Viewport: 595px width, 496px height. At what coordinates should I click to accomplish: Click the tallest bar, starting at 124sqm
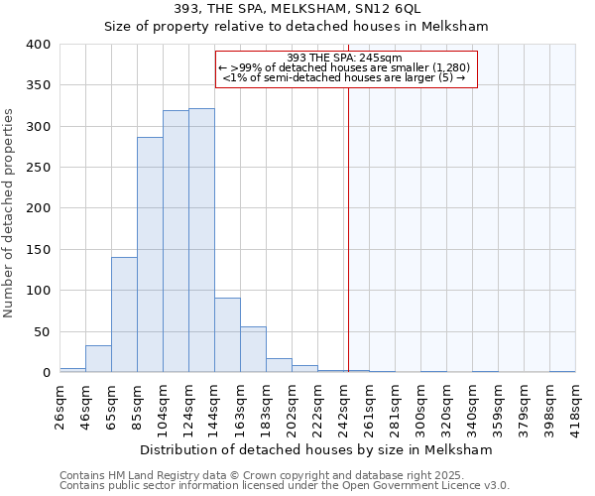coord(201,241)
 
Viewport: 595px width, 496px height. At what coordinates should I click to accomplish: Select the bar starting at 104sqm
coord(176,242)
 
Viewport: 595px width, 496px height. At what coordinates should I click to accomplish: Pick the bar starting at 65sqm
coord(124,315)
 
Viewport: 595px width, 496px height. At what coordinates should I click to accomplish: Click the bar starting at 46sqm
coord(98,359)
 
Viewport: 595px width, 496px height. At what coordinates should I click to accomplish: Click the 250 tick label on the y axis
coord(38,168)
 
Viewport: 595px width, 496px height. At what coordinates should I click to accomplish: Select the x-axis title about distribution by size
coord(315,449)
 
